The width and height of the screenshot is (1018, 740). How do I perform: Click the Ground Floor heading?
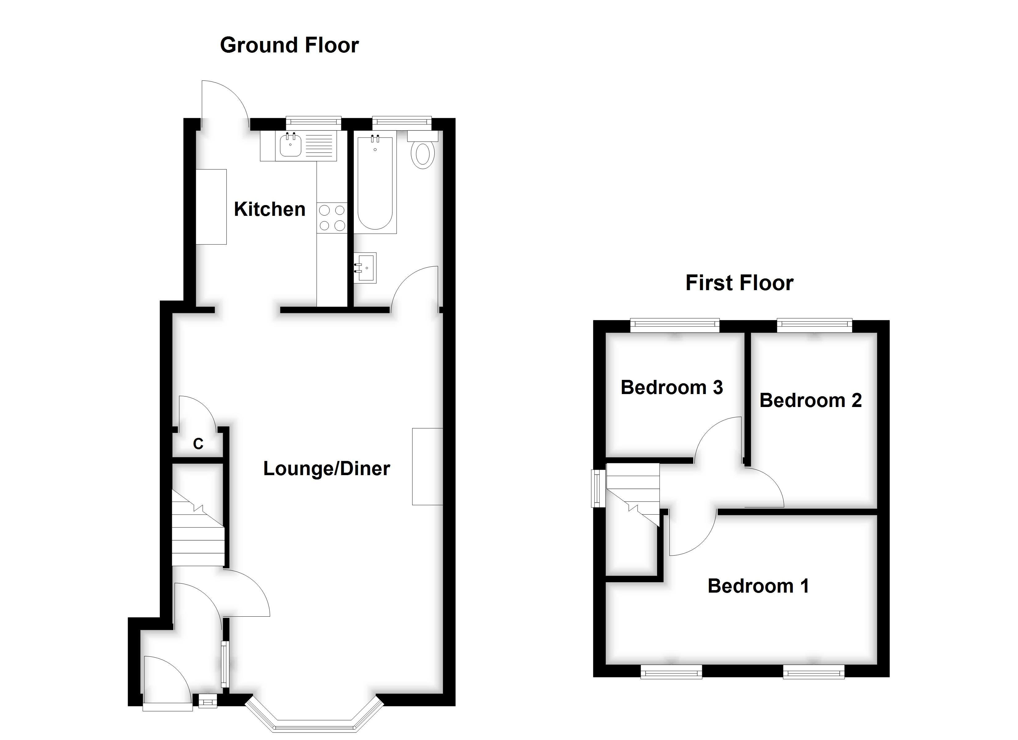point(289,45)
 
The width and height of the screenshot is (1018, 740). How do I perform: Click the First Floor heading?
point(739,283)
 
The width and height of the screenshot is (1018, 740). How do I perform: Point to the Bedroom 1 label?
point(758,586)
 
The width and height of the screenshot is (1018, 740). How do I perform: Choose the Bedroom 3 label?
point(672,387)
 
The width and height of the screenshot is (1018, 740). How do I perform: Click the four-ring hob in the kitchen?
point(332,218)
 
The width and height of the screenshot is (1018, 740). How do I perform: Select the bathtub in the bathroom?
point(375,184)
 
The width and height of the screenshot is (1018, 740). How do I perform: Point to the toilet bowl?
point(422,155)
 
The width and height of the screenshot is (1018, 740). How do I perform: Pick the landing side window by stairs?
point(598,488)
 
